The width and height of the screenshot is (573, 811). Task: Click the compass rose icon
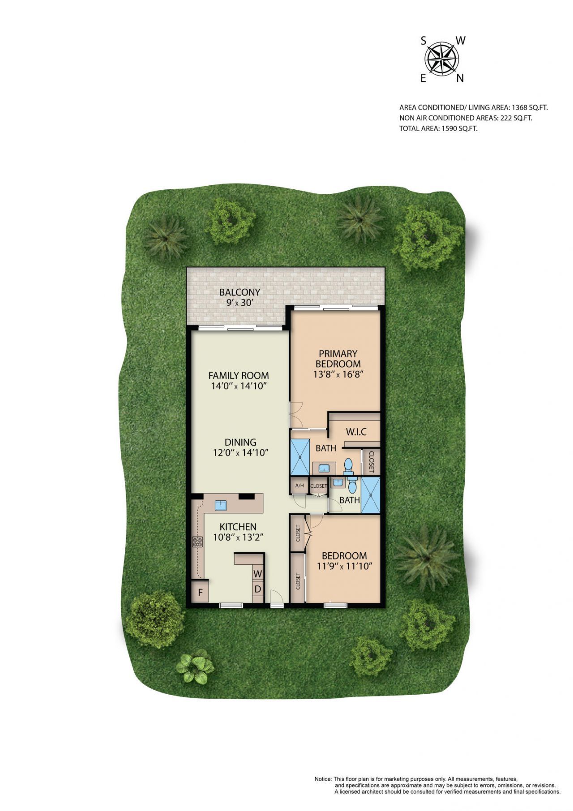[x=441, y=59]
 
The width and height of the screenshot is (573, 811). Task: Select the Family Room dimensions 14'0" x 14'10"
[x=239, y=386]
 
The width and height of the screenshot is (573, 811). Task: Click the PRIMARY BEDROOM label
[x=338, y=359]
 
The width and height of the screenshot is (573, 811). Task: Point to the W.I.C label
[x=356, y=432]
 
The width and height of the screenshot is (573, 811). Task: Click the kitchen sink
[x=221, y=506]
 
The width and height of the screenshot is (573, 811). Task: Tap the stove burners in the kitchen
[x=197, y=542]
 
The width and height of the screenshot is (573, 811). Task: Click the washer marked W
[x=258, y=573]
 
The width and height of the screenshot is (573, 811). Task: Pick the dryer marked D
[x=258, y=589]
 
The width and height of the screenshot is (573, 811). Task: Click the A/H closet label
[x=299, y=486]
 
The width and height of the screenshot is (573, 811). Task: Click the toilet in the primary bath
[x=348, y=467]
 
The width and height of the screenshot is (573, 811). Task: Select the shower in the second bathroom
[x=370, y=495]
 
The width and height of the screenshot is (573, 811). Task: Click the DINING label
[x=240, y=442]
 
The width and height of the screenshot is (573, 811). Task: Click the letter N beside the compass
[x=460, y=79]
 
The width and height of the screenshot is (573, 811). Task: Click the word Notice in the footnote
[x=323, y=779]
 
